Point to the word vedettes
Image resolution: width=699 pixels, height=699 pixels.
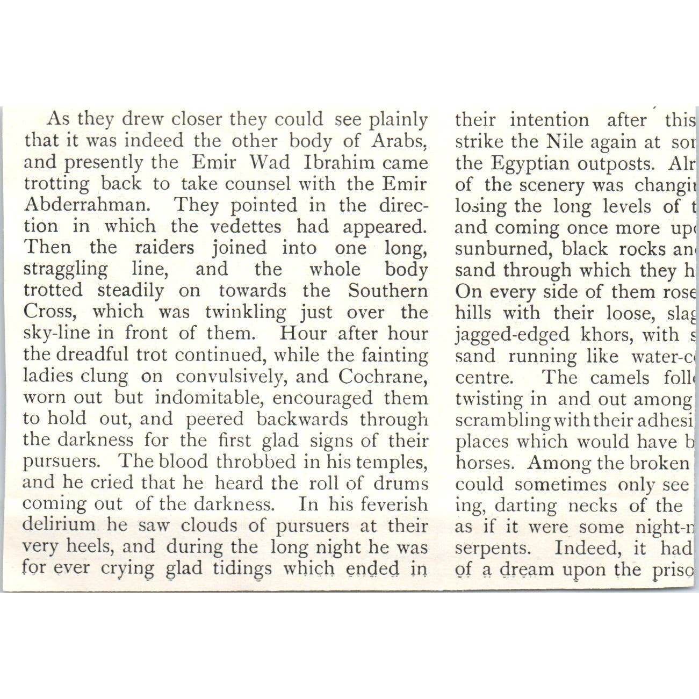[246, 226]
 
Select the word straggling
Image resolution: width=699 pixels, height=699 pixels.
[66, 269]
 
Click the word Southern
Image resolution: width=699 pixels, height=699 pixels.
[387, 291]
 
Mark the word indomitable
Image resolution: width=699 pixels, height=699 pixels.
[210, 398]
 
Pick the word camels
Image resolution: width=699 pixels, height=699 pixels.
[619, 378]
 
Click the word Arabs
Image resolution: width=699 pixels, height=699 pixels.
[399, 141]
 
